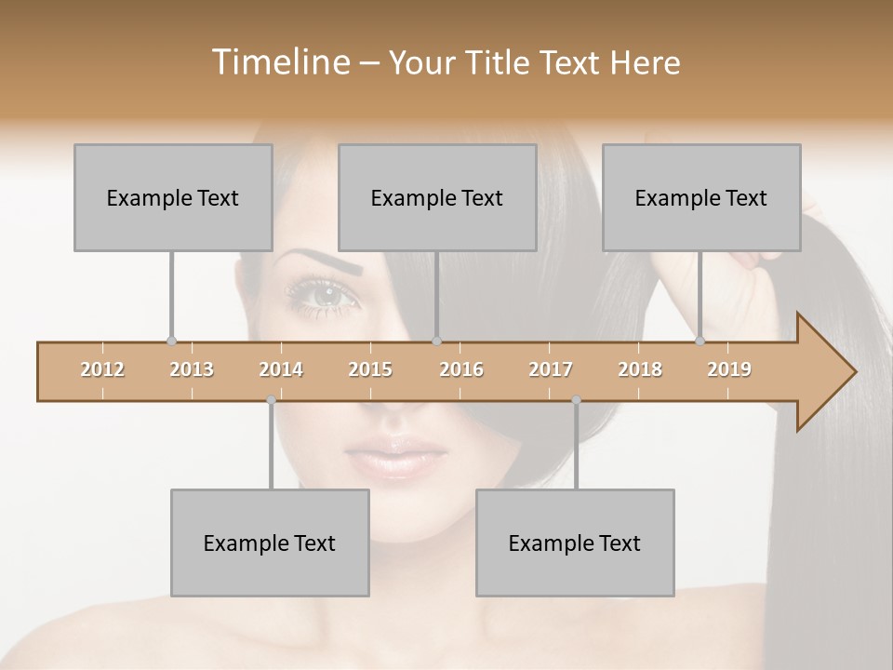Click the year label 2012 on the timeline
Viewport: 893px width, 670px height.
[102, 369]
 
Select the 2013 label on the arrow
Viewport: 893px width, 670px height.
[192, 369]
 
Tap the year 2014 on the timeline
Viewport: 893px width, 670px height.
[281, 369]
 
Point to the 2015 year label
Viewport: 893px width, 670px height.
[370, 369]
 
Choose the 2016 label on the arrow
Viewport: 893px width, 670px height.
[461, 369]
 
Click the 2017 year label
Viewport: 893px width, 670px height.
[551, 369]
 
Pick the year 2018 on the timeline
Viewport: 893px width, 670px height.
[640, 369]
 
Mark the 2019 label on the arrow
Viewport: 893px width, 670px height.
[729, 369]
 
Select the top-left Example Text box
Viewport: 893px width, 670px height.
[173, 197]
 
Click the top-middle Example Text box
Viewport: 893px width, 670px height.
[437, 197]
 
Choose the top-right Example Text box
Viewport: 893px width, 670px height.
[701, 197]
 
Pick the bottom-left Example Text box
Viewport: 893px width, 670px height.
[270, 543]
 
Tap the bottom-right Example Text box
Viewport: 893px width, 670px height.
[575, 543]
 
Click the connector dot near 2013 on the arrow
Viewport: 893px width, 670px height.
[171, 342]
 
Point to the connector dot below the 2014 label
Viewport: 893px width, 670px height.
[271, 400]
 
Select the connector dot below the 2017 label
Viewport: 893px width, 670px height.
[576, 400]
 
